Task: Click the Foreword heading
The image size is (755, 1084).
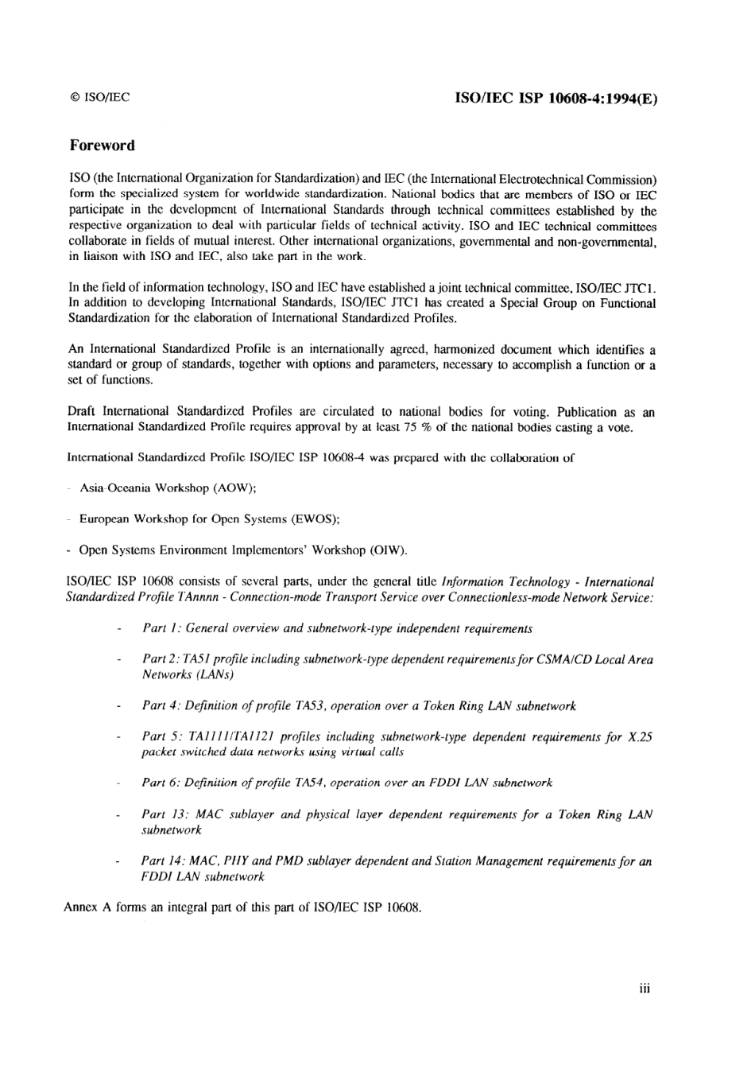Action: coord(102,146)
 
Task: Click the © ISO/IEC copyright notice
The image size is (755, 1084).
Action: coord(99,99)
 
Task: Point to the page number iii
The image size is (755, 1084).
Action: coord(645,989)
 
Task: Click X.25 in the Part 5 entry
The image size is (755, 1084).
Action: coord(640,737)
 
